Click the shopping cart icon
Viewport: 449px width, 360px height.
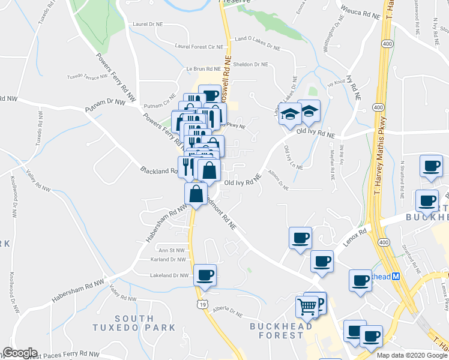tap(307, 307)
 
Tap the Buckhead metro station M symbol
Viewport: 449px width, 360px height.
tap(396, 277)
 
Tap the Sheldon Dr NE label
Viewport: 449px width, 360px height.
tap(250, 64)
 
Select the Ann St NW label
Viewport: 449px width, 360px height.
tap(170, 250)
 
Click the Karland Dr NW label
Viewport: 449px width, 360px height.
tap(169, 260)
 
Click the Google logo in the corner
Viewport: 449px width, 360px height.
tap(20, 353)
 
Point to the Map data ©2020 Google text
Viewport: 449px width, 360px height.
tap(411, 355)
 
